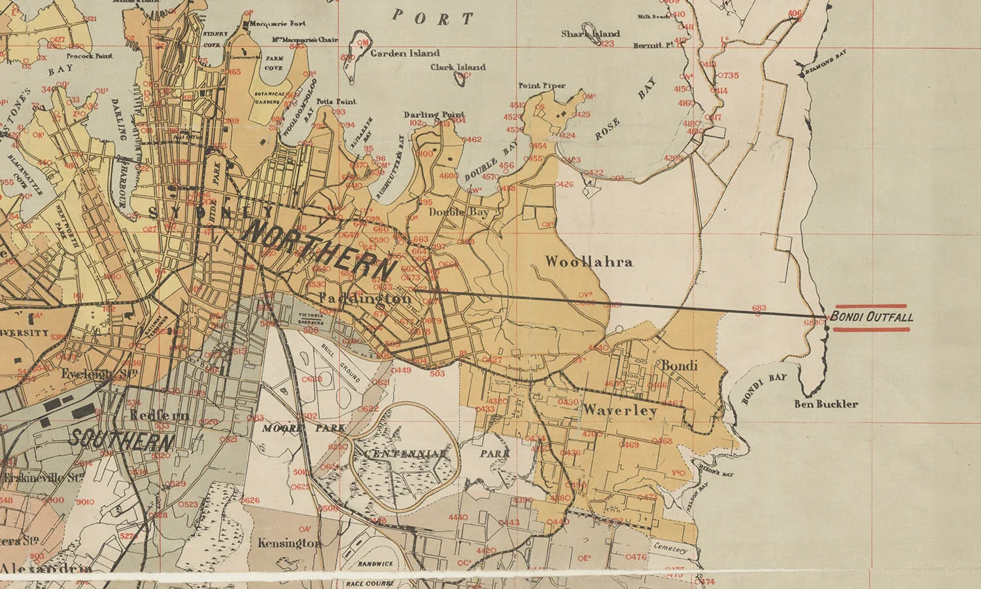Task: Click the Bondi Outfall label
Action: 872,317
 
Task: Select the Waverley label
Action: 619,411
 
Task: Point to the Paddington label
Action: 365,298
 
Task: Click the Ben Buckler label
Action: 825,404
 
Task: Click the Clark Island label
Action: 458,67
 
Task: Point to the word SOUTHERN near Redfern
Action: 122,439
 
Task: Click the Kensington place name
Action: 288,543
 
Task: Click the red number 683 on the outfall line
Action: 759,308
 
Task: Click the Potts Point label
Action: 336,102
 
